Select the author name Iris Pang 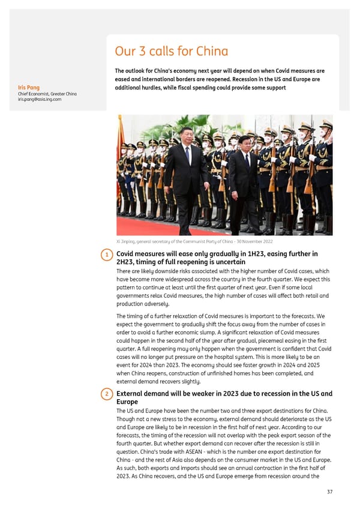[x=29, y=88]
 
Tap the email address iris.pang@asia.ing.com [x=40, y=100]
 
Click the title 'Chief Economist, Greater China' [x=47, y=94]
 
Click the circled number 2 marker [x=107, y=394]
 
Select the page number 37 [x=328, y=491]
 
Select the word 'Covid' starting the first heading [x=127, y=254]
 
